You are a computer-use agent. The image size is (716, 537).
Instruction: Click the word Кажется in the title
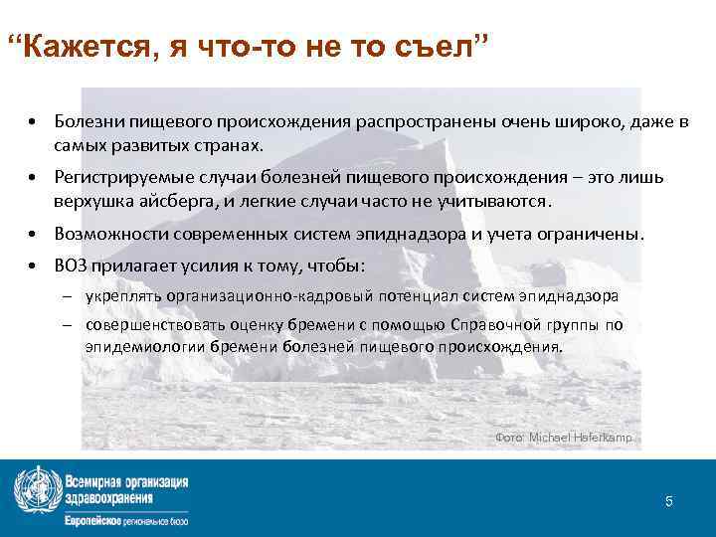88,47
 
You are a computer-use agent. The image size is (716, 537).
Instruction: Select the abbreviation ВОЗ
70,267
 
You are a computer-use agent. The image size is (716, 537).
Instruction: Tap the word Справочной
495,325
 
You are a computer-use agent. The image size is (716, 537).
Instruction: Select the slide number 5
669,501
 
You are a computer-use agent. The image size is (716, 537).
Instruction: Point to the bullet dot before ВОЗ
34,267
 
